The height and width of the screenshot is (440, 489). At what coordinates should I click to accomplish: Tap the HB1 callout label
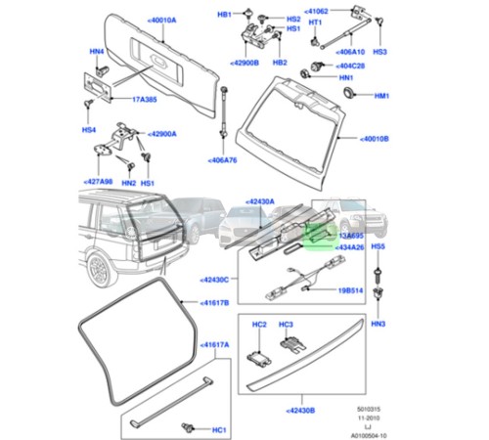(x=223, y=16)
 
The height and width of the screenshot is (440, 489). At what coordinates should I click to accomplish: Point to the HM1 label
(x=381, y=96)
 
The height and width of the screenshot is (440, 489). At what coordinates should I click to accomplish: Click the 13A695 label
(x=349, y=237)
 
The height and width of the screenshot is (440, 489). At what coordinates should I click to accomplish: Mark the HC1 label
(x=219, y=428)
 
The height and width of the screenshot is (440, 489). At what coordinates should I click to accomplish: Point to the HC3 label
(x=287, y=324)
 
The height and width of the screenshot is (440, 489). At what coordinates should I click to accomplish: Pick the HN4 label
(x=96, y=52)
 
